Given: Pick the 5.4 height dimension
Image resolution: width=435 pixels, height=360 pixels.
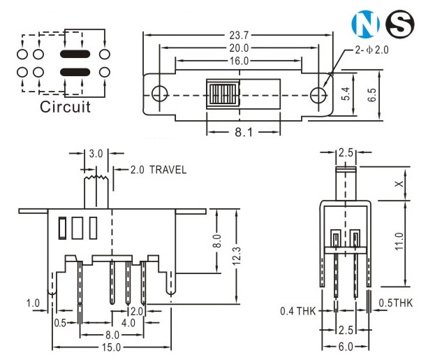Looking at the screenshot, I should tap(345, 94).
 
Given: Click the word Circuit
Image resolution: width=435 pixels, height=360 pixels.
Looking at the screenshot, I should tap(65, 107).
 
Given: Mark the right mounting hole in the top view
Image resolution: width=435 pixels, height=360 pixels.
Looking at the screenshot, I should tap(318, 93).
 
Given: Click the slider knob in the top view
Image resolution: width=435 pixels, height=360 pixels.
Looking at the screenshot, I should tap(220, 93).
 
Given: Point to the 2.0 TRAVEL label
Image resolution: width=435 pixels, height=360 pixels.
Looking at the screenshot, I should tap(154, 170).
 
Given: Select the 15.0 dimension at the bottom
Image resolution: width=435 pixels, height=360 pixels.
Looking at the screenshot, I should tap(110, 347).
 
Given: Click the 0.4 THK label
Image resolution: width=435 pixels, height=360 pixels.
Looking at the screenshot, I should tap(297, 310).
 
